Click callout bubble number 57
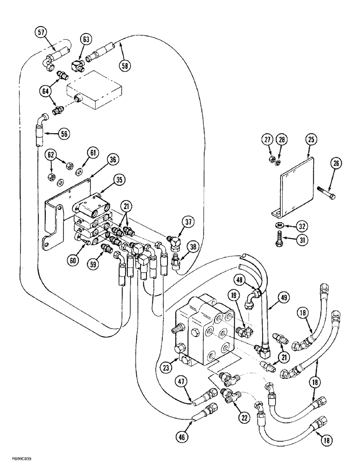tap(41, 33)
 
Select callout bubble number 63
tap(86, 40)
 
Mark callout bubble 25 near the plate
tap(311, 139)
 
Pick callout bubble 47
tap(183, 382)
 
